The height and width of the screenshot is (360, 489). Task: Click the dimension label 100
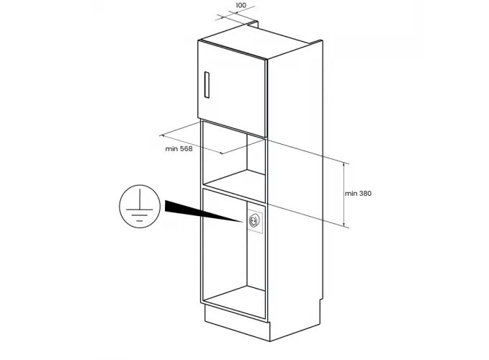click(x=241, y=5)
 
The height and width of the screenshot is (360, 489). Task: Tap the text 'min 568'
click(x=179, y=149)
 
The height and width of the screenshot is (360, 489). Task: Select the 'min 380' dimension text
click(x=358, y=194)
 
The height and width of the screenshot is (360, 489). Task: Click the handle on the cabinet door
click(x=207, y=85)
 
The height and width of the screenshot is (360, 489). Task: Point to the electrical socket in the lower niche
click(x=254, y=221)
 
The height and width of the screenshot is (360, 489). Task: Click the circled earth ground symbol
click(x=140, y=206)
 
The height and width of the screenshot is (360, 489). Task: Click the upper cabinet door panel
click(x=232, y=89)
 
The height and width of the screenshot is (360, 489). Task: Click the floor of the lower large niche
click(x=234, y=302)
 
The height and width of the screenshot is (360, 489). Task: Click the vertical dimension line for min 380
click(x=344, y=194)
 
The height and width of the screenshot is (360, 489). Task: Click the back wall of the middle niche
click(x=256, y=153)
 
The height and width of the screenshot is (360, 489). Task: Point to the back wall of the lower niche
click(x=256, y=246)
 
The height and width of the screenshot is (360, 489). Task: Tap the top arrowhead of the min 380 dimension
click(x=344, y=164)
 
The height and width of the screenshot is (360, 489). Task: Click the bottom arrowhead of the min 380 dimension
click(x=344, y=225)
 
